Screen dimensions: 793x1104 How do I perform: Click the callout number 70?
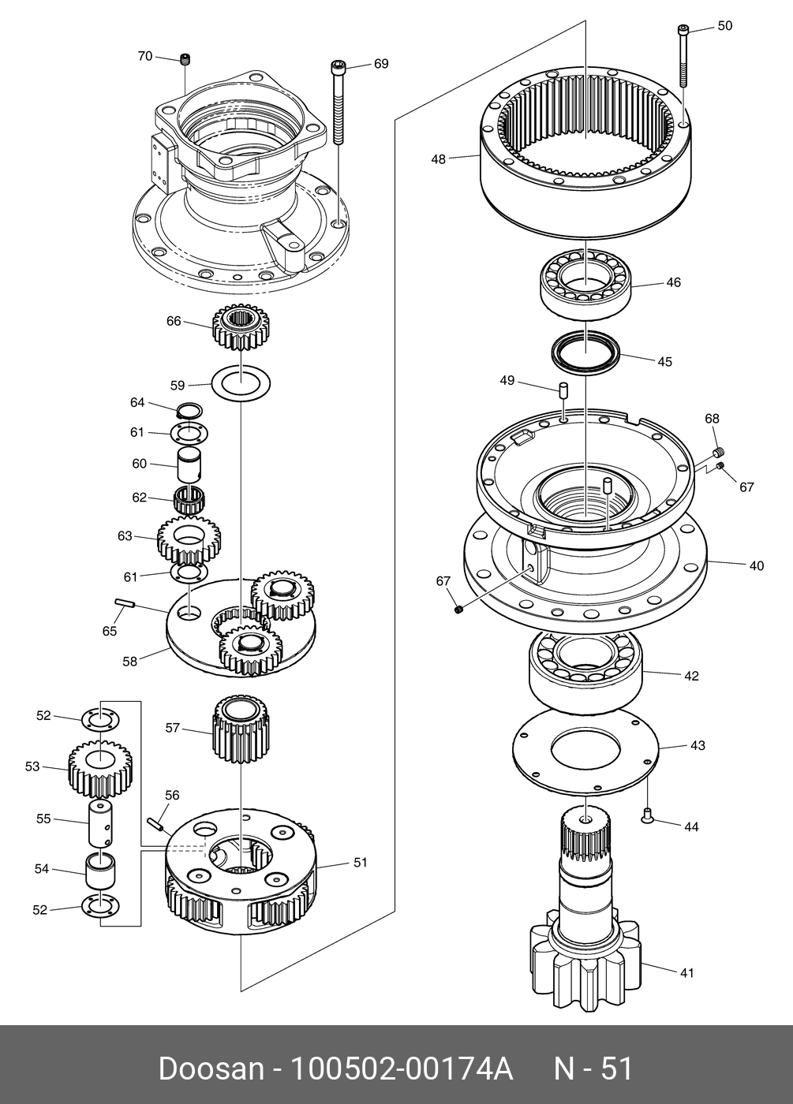point(145,57)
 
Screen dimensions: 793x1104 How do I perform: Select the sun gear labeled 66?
point(240,327)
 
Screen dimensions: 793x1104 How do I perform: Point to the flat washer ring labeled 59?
point(241,382)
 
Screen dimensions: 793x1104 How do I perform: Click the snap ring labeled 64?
point(190,410)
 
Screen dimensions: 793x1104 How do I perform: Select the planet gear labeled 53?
point(100,769)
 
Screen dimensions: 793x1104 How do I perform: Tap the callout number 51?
point(361,862)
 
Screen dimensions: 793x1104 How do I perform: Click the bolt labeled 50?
point(683,57)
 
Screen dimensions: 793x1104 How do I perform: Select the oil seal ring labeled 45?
point(585,352)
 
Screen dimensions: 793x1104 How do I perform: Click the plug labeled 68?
point(717,451)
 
